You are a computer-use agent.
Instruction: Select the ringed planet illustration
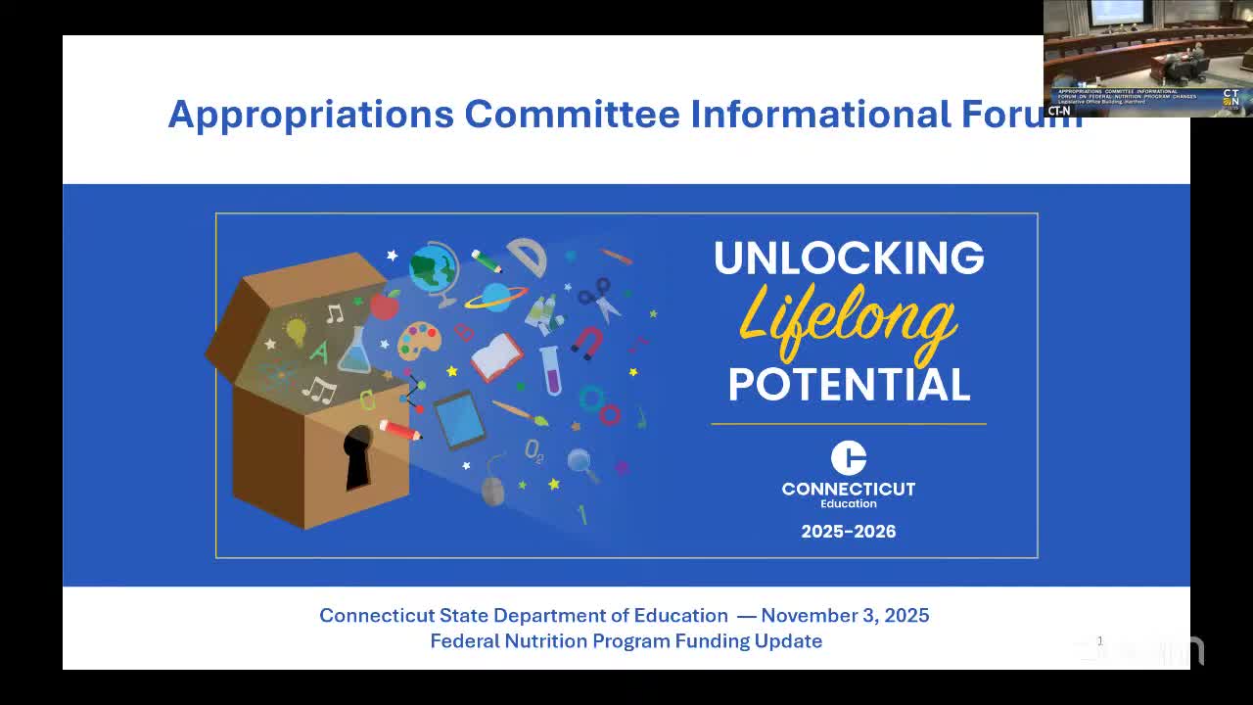495,297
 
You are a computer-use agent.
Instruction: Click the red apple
385,305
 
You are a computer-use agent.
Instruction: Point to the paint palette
419,341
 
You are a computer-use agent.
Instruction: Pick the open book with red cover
497,356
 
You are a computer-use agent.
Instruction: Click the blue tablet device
458,418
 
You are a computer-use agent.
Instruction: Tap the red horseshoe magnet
587,343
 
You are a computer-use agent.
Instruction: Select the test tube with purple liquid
551,371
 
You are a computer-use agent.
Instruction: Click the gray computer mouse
493,489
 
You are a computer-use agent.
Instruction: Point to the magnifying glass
581,462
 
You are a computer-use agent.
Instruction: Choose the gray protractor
528,256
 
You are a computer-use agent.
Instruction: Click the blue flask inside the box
354,352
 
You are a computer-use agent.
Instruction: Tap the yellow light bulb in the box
296,331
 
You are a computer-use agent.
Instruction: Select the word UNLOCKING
849,258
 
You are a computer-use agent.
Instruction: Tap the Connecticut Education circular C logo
849,458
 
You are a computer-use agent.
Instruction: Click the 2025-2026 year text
849,532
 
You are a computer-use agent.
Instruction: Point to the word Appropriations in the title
311,114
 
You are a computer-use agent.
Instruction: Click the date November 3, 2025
845,616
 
